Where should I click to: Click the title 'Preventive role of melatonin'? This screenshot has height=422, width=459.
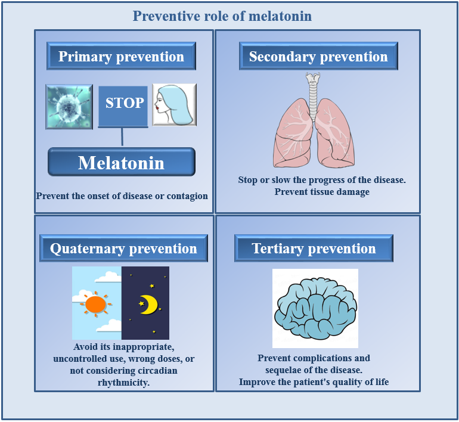click(x=222, y=16)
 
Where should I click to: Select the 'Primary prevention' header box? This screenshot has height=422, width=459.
click(x=121, y=56)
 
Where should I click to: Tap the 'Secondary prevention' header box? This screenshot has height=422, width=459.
click(x=318, y=56)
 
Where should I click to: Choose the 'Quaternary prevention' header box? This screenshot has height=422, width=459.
click(x=123, y=248)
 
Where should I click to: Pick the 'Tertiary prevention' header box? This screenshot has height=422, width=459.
click(x=314, y=248)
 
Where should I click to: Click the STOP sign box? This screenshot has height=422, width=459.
click(x=123, y=107)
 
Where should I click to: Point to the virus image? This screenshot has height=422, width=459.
click(x=69, y=107)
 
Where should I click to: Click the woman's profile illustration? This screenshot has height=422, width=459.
click(x=174, y=105)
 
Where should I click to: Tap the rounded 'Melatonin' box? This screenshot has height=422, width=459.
click(x=122, y=162)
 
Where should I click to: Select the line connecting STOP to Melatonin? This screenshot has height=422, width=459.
click(x=122, y=137)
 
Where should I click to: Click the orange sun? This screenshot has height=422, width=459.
click(x=95, y=305)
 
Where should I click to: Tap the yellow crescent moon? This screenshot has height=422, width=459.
click(x=148, y=305)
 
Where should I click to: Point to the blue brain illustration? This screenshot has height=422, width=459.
click(x=315, y=308)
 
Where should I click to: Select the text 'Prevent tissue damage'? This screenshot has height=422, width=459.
click(x=322, y=192)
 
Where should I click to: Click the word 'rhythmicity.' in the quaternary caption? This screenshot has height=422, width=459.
click(x=123, y=383)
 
